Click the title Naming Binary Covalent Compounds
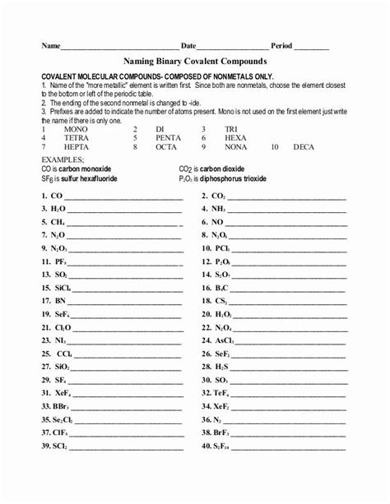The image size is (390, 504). click(x=195, y=60)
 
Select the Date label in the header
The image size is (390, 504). click(x=188, y=45)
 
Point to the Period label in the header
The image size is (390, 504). click(x=281, y=45)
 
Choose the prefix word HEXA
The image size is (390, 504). click(x=235, y=138)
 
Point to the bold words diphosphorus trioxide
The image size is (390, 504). click(x=234, y=178)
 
